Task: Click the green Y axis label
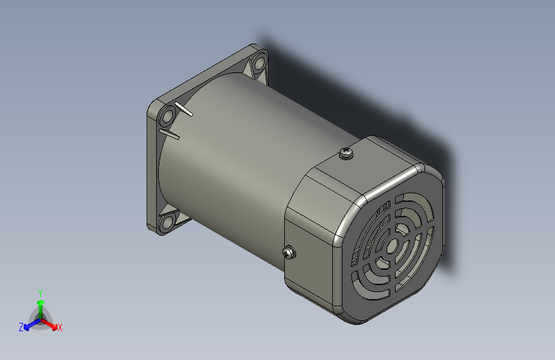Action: tap(40, 291)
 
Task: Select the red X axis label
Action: tap(60, 328)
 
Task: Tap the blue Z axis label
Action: tap(21, 327)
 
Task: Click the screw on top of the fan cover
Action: tap(346, 153)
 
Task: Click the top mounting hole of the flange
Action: tap(259, 63)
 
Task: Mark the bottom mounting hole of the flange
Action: tap(168, 222)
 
